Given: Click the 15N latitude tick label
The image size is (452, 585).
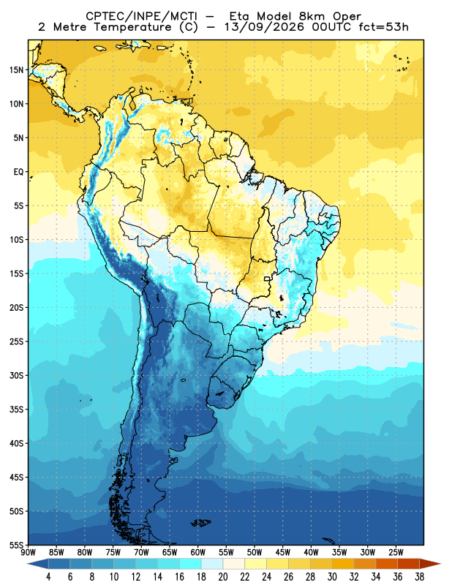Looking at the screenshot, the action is point(16,69).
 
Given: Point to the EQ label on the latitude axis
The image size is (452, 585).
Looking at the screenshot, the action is point(19,172).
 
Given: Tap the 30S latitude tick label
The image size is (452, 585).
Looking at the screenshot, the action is point(16,375).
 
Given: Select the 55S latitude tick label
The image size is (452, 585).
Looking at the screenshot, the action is point(16,545).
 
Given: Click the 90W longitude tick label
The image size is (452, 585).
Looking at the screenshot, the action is point(29,552).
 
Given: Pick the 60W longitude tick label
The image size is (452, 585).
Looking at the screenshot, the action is point(197,552).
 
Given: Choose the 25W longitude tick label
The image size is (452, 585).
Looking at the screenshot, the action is point(396,552).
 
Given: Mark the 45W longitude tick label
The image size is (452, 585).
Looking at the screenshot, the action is point(282,552).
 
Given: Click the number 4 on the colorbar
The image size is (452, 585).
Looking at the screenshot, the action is point(48,577).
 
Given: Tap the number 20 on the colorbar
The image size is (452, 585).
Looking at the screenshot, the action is point(223,577).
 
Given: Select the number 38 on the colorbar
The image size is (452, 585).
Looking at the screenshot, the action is point(419,577).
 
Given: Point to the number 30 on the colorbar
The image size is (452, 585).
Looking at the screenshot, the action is point(332,577).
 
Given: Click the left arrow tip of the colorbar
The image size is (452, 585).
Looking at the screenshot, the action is point(27,564).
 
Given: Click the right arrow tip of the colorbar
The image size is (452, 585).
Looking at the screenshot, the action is point(441,564).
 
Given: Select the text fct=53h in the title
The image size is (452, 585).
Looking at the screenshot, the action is point(383,27).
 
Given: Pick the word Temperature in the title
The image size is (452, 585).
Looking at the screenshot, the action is point(132,27).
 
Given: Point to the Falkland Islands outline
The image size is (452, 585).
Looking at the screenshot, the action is point(200,523).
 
